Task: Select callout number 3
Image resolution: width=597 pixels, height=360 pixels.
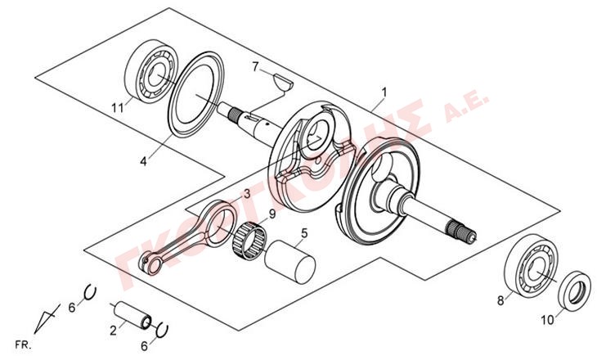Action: (246, 194)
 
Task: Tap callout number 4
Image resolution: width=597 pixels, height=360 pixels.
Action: (144, 161)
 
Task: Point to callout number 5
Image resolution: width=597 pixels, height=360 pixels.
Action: (303, 233)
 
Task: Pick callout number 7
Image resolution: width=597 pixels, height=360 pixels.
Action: (255, 65)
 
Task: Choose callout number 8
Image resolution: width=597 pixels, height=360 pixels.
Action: (500, 300)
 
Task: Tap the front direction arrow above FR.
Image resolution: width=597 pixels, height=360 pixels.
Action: (48, 315)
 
